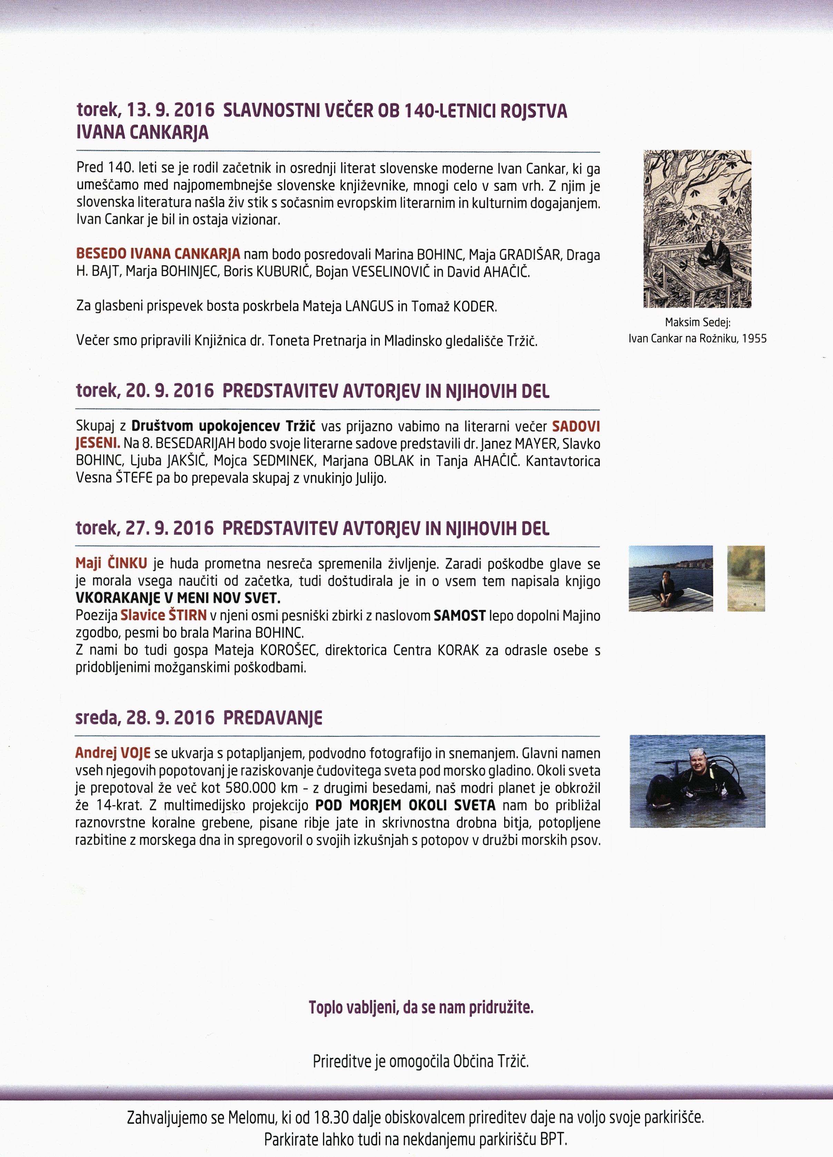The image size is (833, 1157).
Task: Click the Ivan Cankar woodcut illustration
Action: tap(697, 229)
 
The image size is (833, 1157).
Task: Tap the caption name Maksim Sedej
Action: tap(697, 323)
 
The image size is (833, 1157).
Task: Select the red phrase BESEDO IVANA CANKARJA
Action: tap(158, 254)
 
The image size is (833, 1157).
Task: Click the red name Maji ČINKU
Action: tap(111, 563)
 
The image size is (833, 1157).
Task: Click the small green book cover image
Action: tap(745, 578)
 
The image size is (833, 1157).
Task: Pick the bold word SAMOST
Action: tap(459, 616)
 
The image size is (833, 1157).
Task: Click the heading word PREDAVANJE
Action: tap(272, 718)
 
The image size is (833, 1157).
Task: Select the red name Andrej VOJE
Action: tap(113, 753)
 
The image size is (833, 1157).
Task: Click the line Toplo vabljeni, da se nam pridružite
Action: tap(421, 1008)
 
